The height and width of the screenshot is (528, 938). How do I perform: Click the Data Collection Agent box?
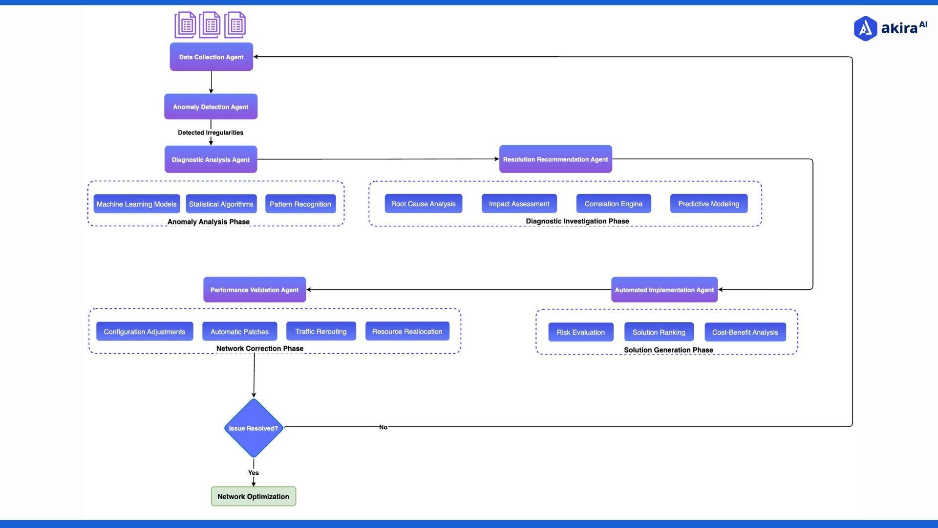[x=211, y=57]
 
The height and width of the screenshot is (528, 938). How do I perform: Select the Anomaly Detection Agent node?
[x=211, y=107]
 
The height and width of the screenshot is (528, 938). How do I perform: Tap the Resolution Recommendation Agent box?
[x=555, y=159]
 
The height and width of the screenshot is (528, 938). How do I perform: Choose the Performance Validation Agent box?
[x=255, y=289]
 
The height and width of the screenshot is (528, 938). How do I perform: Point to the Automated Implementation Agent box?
[x=664, y=289]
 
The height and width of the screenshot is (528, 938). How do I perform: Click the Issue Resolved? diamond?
[x=254, y=428]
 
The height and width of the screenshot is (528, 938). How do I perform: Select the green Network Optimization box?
[x=253, y=496]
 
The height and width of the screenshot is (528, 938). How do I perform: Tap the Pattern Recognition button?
[x=300, y=204]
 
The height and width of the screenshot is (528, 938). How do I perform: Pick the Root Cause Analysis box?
[x=423, y=203]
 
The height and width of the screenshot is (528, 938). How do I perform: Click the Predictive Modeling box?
[x=708, y=203]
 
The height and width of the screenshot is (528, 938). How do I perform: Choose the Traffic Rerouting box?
[x=320, y=331]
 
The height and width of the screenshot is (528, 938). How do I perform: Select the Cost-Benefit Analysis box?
[x=745, y=332]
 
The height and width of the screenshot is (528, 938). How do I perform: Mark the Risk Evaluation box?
[x=580, y=332]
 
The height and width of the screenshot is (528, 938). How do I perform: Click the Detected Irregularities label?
[x=211, y=132]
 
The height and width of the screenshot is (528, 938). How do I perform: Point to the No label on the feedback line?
[x=383, y=427]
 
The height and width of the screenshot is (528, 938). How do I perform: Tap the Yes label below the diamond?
[x=253, y=472]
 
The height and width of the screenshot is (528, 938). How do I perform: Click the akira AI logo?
[x=890, y=28]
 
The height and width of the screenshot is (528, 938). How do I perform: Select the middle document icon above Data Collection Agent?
[x=210, y=25]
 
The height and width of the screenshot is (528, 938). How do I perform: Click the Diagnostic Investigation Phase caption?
[x=577, y=221]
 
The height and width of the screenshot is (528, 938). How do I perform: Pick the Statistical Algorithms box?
[x=221, y=204]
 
